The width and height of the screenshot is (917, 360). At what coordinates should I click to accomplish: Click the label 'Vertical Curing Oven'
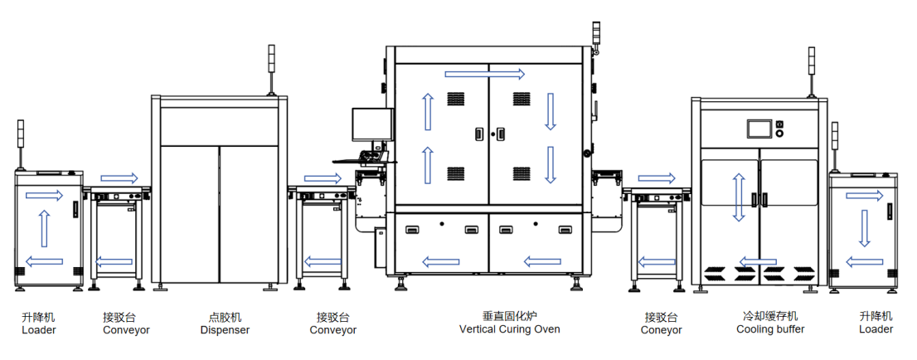[509, 329]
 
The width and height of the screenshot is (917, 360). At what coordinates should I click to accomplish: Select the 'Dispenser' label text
[225, 330]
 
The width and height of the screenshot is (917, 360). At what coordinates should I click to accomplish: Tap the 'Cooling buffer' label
[770, 329]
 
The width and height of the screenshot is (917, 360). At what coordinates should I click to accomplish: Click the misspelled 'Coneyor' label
[662, 330]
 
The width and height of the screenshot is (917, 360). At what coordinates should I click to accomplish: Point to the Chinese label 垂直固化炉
[509, 316]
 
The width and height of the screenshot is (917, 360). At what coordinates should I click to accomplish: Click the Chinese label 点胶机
[225, 317]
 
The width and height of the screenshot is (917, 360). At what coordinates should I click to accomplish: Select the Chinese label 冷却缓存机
[770, 316]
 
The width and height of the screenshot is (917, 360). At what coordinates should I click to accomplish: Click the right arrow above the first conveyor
[119, 178]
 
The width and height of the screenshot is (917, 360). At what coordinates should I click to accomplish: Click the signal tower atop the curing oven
[594, 36]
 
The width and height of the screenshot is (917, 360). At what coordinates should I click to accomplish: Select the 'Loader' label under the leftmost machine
[39, 330]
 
